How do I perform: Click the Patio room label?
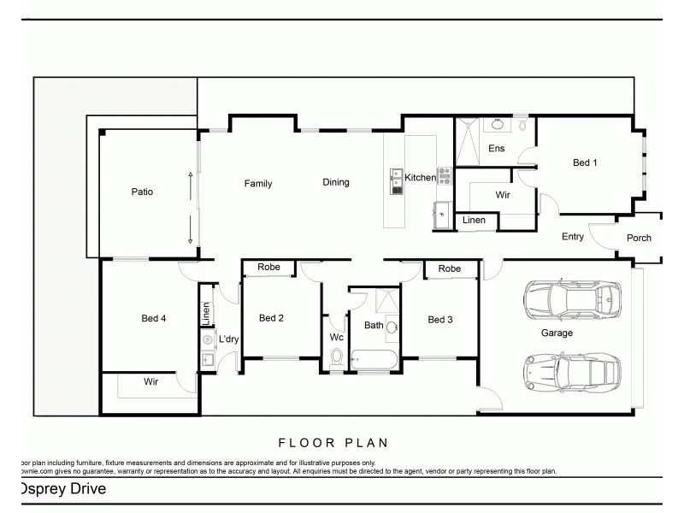pos(142,192)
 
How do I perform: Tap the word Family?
pos(257,183)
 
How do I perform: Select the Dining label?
pos(336,182)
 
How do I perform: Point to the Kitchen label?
pos(420,178)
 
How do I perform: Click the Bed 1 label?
pos(585,162)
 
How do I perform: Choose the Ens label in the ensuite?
pos(496,149)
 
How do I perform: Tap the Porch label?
pos(639,239)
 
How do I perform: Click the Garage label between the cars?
pos(556,333)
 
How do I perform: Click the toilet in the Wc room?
pos(337,357)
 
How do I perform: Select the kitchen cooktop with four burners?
pos(444,176)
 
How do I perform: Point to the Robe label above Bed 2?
pos(269,268)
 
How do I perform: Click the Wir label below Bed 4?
pos(151,382)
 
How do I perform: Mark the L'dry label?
pos(227,339)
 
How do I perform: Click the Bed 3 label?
pos(440,320)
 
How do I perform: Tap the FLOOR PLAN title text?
pos(333,443)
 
